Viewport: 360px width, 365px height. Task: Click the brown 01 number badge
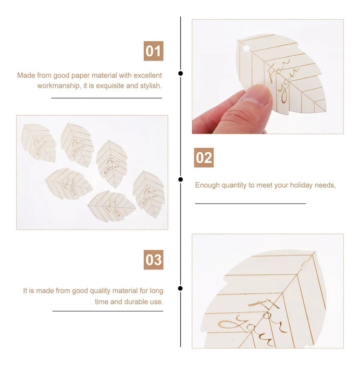pos(154,51)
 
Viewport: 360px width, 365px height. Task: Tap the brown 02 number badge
pos(204,157)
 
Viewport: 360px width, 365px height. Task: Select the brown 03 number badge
pos(154,260)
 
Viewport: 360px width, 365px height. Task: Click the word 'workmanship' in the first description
pos(58,86)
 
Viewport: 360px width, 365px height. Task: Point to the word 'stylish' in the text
pos(150,86)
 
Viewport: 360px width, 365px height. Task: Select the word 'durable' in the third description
pos(136,302)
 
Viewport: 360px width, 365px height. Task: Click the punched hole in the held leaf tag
pos(246,48)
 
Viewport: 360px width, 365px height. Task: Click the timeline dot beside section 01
pos(180,74)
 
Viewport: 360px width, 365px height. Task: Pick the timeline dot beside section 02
pos(180,179)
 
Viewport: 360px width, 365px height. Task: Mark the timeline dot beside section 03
pos(180,288)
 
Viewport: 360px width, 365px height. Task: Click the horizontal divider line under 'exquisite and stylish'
pos(107,98)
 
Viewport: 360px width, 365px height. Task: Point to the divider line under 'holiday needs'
pos(251,203)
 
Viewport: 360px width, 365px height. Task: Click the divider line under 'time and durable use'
pos(108,311)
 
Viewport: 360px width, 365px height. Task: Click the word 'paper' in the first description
pos(80,76)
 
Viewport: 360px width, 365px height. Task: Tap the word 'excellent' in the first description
pos(147,75)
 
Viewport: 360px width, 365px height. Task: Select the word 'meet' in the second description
pos(264,185)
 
